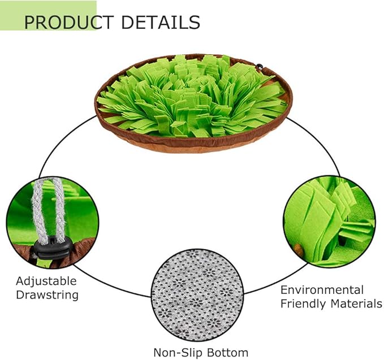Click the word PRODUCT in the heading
[69, 22]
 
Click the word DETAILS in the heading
[161, 22]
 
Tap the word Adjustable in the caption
[46, 281]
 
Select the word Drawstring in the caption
[48, 294]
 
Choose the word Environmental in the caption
[322, 290]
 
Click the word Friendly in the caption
[304, 304]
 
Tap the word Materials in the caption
[356, 303]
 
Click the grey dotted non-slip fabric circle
[197, 296]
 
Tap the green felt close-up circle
[330, 222]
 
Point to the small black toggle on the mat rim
[260, 67]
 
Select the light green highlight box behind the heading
[48, 15]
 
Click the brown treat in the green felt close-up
[298, 249]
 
